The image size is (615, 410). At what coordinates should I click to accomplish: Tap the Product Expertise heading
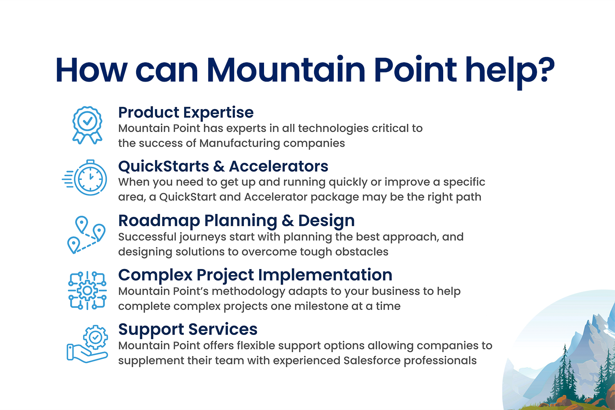click(x=186, y=113)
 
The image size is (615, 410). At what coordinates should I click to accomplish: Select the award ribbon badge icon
click(x=87, y=125)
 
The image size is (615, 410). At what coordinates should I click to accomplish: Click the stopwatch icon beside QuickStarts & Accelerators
click(x=84, y=178)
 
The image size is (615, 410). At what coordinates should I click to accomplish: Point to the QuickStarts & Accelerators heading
click(x=223, y=166)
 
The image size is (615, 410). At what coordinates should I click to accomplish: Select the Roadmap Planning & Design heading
click(x=237, y=221)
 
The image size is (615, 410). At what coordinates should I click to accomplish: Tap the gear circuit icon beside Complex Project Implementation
click(x=87, y=291)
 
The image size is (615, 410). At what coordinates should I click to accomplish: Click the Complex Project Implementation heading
click(x=255, y=275)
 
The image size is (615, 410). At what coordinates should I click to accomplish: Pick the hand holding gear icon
click(x=87, y=344)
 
